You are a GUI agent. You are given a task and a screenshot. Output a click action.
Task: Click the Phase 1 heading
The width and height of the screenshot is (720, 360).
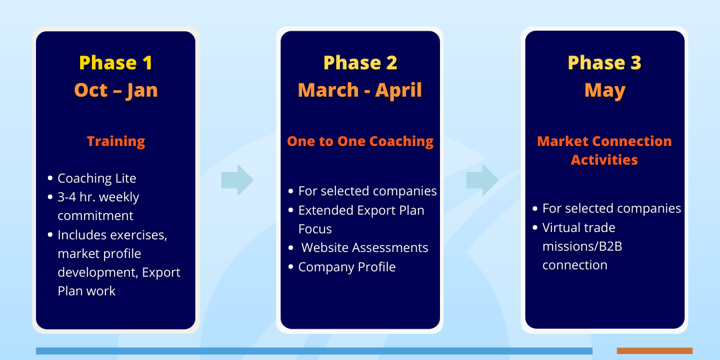click(x=116, y=63)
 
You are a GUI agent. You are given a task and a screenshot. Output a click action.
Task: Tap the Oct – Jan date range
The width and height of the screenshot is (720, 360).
click(x=116, y=90)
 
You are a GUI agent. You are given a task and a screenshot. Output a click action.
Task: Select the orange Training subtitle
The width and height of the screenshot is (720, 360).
click(x=116, y=141)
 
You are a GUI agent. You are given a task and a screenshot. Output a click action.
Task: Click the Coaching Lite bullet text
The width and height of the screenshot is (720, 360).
click(x=97, y=178)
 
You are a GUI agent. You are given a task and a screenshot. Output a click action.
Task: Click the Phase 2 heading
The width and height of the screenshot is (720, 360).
click(x=361, y=63)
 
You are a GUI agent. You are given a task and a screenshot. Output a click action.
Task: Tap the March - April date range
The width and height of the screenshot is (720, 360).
click(x=360, y=90)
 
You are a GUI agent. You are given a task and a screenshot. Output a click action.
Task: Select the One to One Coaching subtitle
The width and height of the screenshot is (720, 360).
click(x=361, y=141)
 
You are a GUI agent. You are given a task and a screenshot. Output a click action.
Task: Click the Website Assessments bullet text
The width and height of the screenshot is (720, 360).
click(x=365, y=248)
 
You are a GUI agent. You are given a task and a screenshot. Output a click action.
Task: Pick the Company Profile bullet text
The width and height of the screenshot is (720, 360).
click(x=347, y=267)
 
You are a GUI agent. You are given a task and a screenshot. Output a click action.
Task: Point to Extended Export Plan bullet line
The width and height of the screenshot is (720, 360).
click(x=361, y=210)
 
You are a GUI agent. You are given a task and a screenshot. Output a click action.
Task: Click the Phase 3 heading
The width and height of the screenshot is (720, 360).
click(x=605, y=63)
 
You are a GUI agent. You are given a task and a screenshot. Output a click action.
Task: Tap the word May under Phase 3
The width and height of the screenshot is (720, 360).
click(x=605, y=91)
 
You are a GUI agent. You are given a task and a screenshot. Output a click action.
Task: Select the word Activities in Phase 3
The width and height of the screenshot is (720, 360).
click(x=604, y=160)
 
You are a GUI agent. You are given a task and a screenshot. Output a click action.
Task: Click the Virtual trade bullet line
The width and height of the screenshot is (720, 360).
click(x=579, y=228)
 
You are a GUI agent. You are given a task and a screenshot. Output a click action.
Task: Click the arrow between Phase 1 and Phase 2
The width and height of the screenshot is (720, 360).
click(x=237, y=180)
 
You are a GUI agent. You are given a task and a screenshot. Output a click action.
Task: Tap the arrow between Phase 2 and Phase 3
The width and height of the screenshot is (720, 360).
click(x=482, y=180)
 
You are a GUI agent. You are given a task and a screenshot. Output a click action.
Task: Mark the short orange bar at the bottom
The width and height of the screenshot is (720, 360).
click(x=655, y=351)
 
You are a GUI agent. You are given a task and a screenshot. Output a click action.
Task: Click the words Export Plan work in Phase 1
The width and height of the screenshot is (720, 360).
click(x=119, y=281)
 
